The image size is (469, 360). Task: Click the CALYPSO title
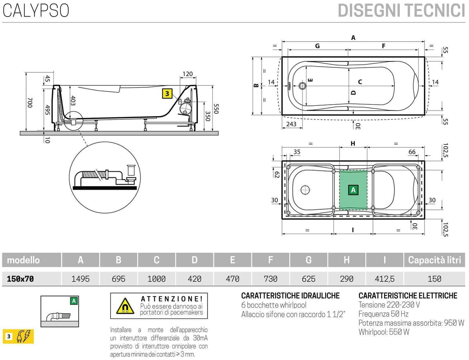36,10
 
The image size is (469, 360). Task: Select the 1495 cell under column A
80,279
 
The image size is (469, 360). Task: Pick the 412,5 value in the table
385,279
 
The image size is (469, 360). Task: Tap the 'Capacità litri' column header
434,260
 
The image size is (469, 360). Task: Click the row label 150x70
20,279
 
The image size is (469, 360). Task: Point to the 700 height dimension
30,103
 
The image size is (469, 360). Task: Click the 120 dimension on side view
188,74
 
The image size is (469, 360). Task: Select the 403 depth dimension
73,101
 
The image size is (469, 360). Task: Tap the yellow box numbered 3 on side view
167,94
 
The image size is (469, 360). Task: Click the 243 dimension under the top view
291,124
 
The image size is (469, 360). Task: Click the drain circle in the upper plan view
302,86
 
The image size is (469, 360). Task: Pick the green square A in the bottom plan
353,190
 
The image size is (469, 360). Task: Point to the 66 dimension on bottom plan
412,152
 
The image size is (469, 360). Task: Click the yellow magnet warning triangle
125,306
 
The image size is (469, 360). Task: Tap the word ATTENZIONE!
172,299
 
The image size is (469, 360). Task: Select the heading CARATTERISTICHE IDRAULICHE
290,296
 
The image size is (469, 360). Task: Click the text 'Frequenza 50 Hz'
383,314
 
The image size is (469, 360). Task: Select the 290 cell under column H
346,279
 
